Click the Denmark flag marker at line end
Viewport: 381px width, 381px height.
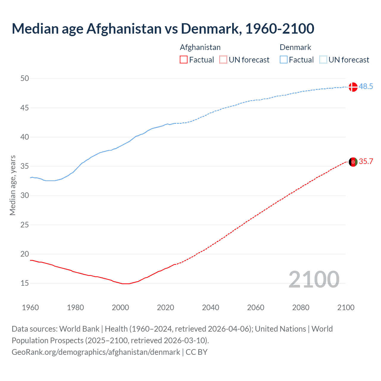tap(353, 87)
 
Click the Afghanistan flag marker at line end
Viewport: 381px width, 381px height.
tap(353, 162)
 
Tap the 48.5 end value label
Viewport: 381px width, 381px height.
tap(366, 87)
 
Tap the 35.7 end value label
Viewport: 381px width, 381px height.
tap(366, 162)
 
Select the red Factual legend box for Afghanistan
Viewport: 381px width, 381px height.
tap(184, 60)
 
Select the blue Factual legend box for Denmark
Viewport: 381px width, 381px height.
tap(283, 60)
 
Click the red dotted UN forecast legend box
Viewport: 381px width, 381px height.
tap(223, 60)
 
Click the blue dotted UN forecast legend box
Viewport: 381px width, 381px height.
tap(323, 60)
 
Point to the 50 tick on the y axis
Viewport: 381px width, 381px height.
tap(25, 79)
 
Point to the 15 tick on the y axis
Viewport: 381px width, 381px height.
tap(25, 283)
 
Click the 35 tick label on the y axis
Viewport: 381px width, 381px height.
tap(25, 166)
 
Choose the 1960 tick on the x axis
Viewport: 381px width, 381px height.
tap(30, 307)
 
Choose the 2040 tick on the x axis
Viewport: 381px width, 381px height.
tap(210, 307)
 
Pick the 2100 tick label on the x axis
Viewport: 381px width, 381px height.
tap(346, 307)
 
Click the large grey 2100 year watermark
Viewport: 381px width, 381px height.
tap(314, 279)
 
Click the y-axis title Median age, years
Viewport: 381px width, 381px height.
tap(13, 185)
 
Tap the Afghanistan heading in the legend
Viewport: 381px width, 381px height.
tap(200, 47)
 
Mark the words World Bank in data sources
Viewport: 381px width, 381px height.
tap(79, 329)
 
